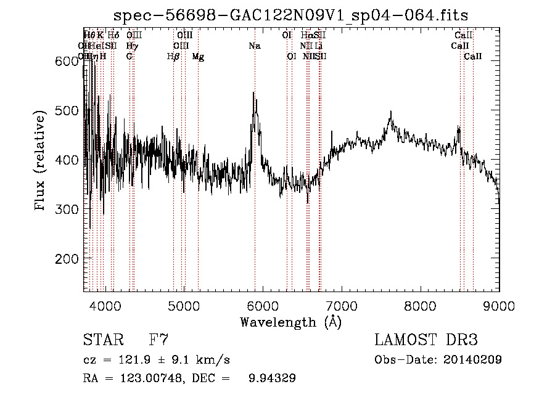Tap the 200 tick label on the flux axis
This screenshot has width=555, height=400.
click(65, 258)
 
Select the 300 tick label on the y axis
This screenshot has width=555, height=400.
click(65, 209)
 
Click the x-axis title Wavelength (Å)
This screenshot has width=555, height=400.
click(290, 322)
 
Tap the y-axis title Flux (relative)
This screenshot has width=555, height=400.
click(41, 161)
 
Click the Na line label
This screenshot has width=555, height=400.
click(255, 46)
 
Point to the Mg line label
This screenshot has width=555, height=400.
click(198, 57)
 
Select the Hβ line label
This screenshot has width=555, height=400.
click(173, 57)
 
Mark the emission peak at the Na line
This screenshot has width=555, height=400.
click(253, 93)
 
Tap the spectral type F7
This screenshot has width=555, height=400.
click(159, 340)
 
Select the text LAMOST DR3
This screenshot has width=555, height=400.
click(425, 340)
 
